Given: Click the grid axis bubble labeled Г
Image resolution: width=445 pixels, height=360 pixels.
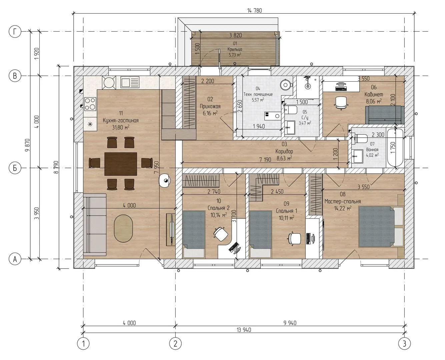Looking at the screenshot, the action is click(x=15, y=32).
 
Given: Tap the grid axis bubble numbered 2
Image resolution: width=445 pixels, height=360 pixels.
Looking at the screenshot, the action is click(x=175, y=343).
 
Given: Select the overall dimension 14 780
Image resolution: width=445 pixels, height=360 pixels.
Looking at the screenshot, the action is click(x=254, y=10).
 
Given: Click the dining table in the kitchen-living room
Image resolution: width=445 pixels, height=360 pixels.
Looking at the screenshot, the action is click(x=121, y=164).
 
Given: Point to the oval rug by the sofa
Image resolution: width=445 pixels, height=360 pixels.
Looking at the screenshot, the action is click(x=123, y=228).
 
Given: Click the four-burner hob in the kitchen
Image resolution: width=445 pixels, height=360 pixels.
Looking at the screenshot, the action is click(x=90, y=104).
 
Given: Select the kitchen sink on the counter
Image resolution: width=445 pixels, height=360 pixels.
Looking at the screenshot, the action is click(x=130, y=82).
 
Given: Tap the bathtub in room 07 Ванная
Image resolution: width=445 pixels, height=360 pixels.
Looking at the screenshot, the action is click(x=395, y=148).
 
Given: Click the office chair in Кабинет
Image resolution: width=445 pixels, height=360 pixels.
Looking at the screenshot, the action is click(x=341, y=103).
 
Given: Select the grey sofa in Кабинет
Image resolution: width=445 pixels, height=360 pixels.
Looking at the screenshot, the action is click(x=385, y=115).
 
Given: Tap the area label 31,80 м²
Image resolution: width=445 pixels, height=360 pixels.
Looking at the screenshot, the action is click(x=121, y=127).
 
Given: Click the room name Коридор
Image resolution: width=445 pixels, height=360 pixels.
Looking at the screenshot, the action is click(x=284, y=151).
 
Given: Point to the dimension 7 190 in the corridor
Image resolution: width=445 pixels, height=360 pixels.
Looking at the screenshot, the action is click(x=265, y=160).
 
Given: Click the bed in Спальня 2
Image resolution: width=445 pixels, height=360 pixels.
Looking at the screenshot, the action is click(x=193, y=234).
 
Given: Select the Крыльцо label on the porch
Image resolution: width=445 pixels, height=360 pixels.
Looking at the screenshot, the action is click(x=235, y=49).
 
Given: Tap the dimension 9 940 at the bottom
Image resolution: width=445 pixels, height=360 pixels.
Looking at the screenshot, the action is click(x=290, y=323).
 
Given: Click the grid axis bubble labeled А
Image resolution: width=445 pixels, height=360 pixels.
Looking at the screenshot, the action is click(x=15, y=259).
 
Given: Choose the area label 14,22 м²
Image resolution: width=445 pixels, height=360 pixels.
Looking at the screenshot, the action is click(x=343, y=208).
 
